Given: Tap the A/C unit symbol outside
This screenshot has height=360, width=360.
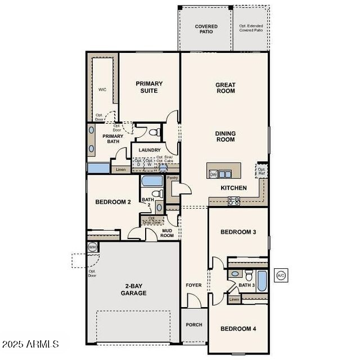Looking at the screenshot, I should tap(281, 275).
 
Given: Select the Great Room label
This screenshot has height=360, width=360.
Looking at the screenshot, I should tap(225, 88).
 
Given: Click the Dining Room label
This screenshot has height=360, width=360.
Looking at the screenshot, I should tap(225, 136).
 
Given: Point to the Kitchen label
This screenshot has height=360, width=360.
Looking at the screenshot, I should tap(233, 188).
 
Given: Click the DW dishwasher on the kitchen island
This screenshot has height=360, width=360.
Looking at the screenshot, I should tap(213, 174).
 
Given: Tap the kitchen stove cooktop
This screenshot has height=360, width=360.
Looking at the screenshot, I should tap(233, 200).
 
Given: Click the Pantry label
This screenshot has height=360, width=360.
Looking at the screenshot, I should tap(172, 178).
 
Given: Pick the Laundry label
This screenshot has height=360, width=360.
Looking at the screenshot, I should tap(150, 150).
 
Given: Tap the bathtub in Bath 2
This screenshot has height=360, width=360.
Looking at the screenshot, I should tap(151, 181).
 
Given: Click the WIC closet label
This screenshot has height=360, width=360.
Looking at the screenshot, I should tap(102, 89).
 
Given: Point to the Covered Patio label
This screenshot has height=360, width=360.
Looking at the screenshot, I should tap(206, 29).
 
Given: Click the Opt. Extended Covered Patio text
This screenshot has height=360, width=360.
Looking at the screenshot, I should tap(251, 28).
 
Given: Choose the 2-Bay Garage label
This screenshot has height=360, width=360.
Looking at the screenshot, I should tap(133, 290).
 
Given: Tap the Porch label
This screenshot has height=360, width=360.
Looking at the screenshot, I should tap(194, 325).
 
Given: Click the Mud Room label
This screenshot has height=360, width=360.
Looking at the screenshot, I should tap(167, 233).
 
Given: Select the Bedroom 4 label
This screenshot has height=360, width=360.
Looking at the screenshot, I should tap(238, 328).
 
